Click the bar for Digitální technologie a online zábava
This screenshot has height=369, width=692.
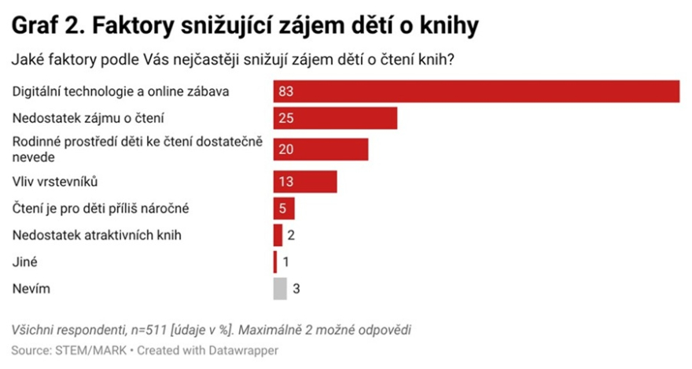[x=476, y=91]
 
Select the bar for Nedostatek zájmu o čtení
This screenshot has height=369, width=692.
[x=335, y=119]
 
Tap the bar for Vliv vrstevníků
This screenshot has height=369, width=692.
[x=305, y=182]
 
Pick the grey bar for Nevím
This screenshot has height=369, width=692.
[x=280, y=289]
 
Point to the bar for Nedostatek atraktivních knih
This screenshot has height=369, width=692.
[x=278, y=235]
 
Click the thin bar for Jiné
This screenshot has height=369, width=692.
[x=275, y=262]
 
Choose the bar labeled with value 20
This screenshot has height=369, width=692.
[x=321, y=149]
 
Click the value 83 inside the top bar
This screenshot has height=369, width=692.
[x=285, y=91]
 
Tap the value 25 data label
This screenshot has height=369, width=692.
[x=285, y=119]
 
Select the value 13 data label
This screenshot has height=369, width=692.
[x=285, y=182]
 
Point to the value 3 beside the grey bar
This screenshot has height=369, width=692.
[x=296, y=289]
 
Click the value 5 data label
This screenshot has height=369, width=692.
[x=282, y=208]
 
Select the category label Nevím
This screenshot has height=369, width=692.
[x=31, y=289]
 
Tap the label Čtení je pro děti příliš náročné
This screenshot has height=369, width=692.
[x=101, y=208]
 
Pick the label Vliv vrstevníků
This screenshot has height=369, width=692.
[x=55, y=182]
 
